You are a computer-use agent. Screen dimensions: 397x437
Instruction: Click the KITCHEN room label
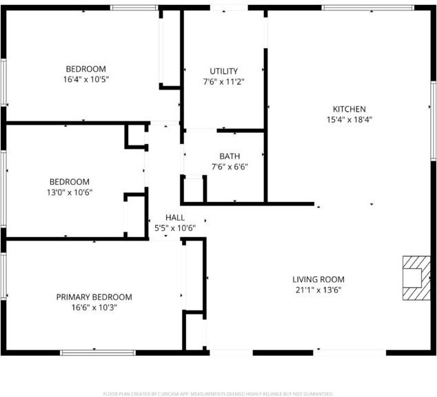click(349, 109)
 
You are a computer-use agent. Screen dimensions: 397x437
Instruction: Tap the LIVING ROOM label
click(318, 279)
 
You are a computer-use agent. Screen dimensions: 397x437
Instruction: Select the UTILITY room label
click(224, 71)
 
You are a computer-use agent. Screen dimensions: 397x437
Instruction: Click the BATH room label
click(230, 156)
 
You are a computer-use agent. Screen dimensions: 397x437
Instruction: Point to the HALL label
click(174, 218)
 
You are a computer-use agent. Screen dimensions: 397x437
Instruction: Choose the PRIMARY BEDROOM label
click(94, 297)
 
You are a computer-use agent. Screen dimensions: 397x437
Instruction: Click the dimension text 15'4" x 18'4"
click(349, 120)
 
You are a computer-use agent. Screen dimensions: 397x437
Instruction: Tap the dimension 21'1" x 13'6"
click(318, 290)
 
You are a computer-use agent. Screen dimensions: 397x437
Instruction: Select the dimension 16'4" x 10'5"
click(86, 80)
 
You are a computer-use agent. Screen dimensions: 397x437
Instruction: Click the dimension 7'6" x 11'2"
click(224, 81)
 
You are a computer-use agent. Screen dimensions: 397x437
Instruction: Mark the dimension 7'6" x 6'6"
click(230, 167)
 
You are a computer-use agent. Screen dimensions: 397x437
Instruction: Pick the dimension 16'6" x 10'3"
click(94, 308)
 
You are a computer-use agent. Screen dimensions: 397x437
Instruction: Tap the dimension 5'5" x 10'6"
click(174, 228)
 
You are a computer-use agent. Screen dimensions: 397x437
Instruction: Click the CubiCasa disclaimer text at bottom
click(218, 394)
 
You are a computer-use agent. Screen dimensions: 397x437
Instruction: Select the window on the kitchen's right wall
click(432, 107)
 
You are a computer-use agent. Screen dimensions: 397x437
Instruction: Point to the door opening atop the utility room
click(230, 8)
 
